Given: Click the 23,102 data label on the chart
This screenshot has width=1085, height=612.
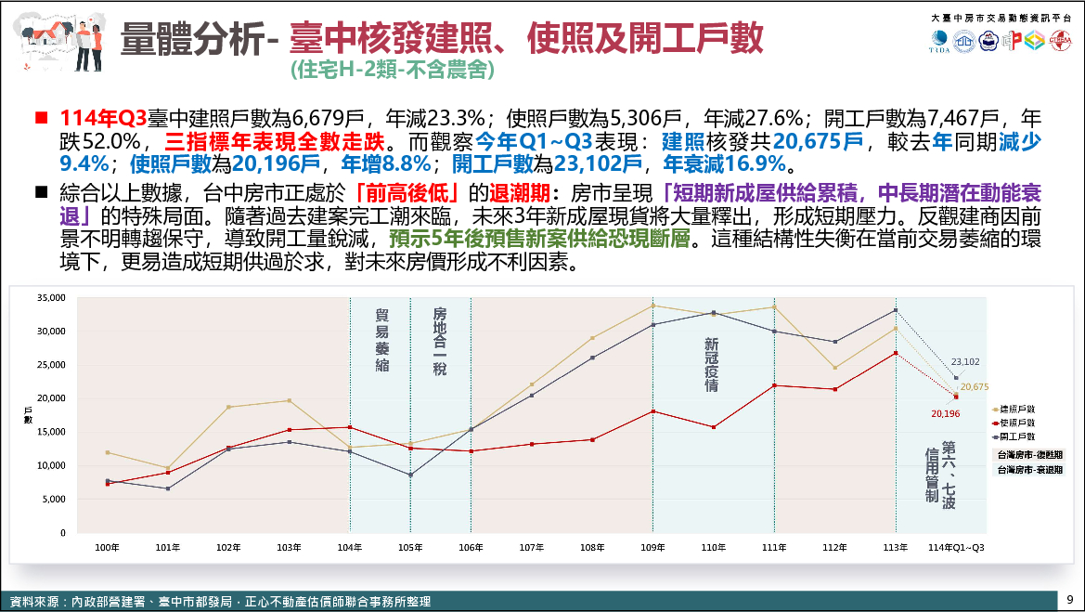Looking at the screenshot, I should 965,361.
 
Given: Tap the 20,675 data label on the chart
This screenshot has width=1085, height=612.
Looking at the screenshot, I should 974,386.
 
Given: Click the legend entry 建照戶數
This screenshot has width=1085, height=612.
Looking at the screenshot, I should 1015,409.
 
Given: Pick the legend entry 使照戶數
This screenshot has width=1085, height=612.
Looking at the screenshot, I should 1015,423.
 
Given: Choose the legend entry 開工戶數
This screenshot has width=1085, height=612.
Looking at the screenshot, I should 1015,436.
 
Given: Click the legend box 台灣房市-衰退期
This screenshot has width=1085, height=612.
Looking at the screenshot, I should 1028,470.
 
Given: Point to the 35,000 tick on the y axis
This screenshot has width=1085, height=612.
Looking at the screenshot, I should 51,297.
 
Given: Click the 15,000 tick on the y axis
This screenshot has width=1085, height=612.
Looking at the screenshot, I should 51,432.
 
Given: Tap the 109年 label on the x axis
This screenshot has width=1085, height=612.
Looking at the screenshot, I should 652,548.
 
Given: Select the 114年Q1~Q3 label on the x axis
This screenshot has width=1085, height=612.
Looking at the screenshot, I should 956,548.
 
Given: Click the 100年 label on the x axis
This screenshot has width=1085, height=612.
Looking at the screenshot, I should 108,548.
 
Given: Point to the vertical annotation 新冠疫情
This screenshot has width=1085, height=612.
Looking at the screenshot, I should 712,362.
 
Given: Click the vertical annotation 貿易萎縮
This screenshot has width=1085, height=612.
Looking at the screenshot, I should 381,340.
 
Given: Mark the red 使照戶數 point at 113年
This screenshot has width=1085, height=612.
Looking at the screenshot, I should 896,353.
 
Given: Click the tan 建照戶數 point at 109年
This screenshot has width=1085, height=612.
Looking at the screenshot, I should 652,306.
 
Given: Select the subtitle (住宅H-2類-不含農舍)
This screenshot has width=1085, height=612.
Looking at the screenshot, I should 391,70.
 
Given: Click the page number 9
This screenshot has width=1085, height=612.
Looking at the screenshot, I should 1070,599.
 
